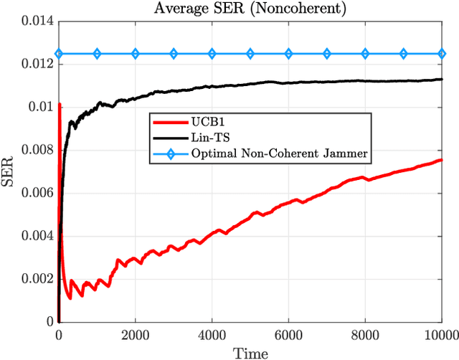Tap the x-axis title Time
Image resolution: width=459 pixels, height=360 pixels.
pyautogui.click(x=250, y=353)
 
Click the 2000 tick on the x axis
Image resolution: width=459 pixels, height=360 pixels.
pyautogui.click(x=135, y=334)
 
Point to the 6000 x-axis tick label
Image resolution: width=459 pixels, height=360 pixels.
pyautogui.click(x=288, y=334)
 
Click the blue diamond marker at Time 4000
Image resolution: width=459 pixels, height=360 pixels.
pyautogui.click(x=212, y=54)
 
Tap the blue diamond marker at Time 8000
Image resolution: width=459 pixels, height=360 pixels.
pyautogui.click(x=365, y=54)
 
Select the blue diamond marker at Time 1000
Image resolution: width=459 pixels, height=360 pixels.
pyautogui.click(x=97, y=54)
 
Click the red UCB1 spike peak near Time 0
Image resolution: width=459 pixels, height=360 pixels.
pyautogui.click(x=60, y=105)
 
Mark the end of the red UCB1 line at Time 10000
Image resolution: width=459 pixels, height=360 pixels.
pyautogui.click(x=442, y=160)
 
